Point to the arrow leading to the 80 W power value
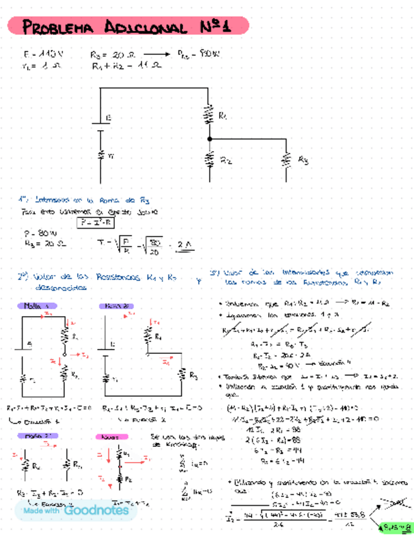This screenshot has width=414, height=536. tap(154, 55)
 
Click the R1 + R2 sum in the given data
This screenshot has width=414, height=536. tap(126, 65)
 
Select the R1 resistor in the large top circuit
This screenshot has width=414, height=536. tap(209, 116)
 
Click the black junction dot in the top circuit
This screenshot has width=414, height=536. tap(209, 138)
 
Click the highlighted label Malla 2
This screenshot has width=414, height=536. tap(116, 306)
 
